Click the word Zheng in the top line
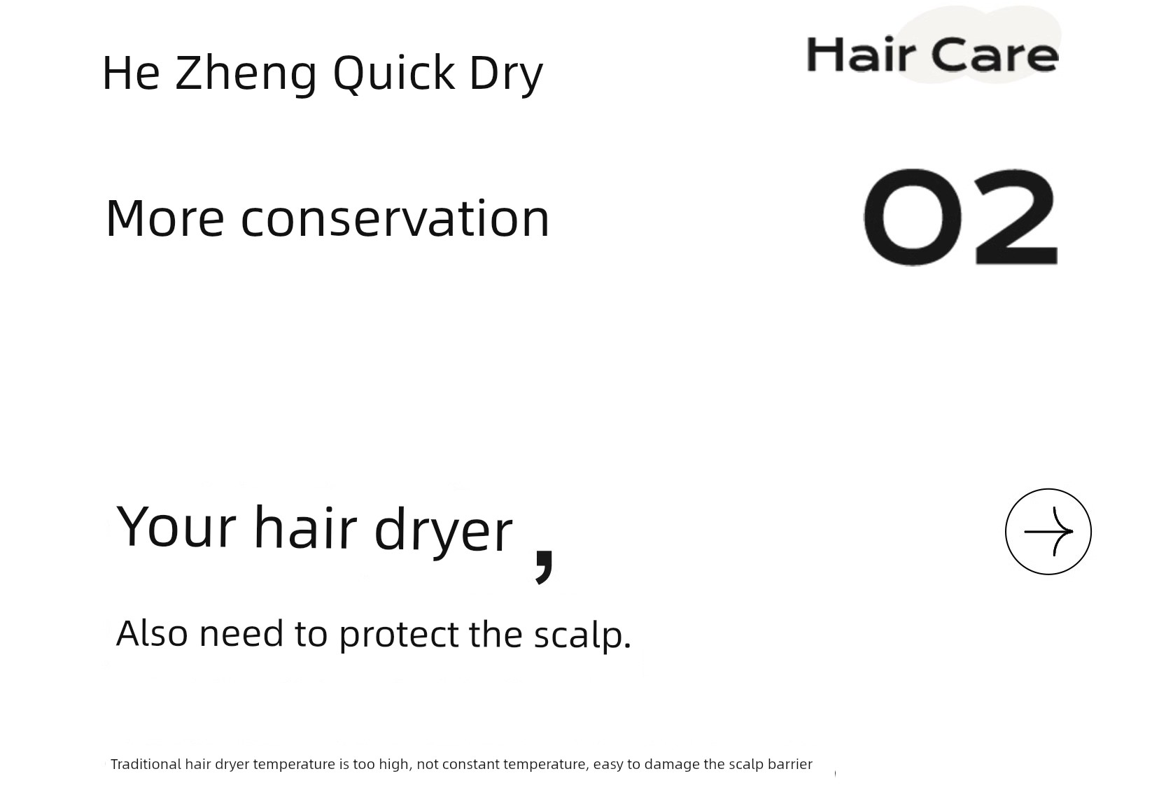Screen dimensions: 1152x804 point(246,74)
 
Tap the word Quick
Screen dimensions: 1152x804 point(394,73)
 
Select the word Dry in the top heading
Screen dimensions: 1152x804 point(506,75)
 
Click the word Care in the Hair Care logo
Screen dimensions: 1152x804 point(995,55)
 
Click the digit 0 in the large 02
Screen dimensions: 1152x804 point(913,217)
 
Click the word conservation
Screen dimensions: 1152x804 point(395,219)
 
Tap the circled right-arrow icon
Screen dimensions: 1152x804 point(1048,531)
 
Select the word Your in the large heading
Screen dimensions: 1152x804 point(176,528)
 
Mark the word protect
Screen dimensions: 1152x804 point(399,635)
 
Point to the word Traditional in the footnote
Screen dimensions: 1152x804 point(146,764)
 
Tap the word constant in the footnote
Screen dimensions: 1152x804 point(470,764)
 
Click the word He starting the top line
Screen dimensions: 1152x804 point(131,73)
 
